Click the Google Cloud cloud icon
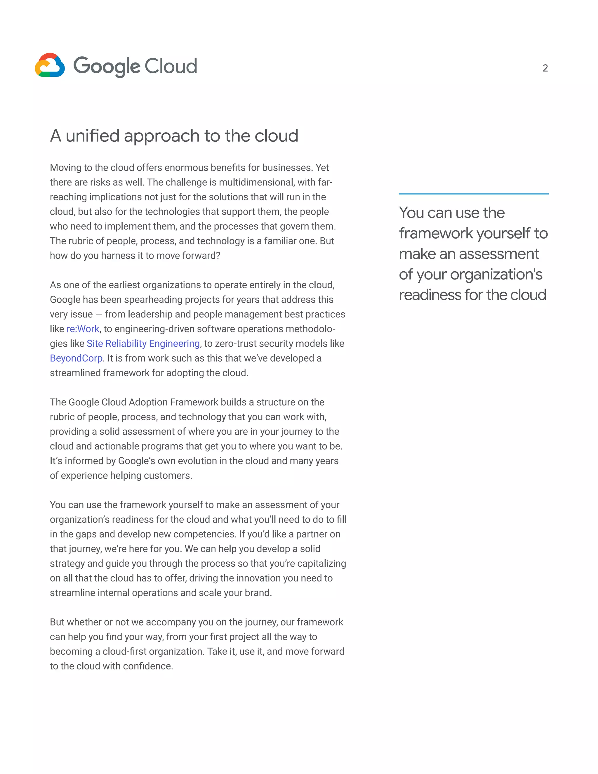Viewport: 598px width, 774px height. (x=50, y=65)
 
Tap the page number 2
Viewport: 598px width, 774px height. (x=545, y=68)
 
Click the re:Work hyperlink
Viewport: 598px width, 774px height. (x=83, y=329)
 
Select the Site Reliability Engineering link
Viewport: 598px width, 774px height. (x=143, y=343)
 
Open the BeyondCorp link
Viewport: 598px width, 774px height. (x=76, y=358)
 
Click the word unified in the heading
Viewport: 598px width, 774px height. (x=93, y=136)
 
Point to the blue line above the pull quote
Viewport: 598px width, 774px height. (x=473, y=194)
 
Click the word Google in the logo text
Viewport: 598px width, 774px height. (x=107, y=66)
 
